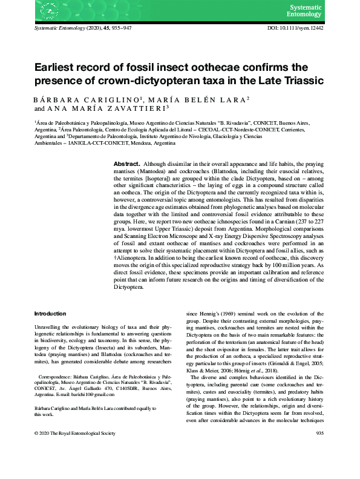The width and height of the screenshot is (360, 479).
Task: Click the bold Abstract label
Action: click(x=126, y=164)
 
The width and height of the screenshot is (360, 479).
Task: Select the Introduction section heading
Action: click(x=50, y=313)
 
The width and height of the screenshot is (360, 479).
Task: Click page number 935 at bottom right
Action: click(x=320, y=468)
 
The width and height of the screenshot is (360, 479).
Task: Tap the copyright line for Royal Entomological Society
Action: click(x=74, y=468)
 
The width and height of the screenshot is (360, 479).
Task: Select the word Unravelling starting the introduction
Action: click(x=50, y=326)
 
